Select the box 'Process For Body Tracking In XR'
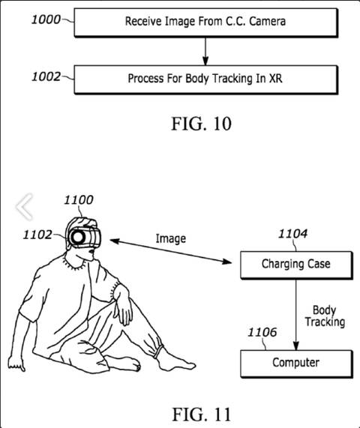tap(205, 77)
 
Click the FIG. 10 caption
tap(200, 123)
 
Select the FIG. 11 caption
tap(200, 413)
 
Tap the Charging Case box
tap(295, 264)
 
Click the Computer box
tap(295, 363)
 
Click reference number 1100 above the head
tap(78, 199)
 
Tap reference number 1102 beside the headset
tap(37, 235)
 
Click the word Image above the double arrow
tap(170, 238)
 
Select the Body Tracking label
tap(324, 316)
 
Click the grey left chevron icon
tap(24, 205)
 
